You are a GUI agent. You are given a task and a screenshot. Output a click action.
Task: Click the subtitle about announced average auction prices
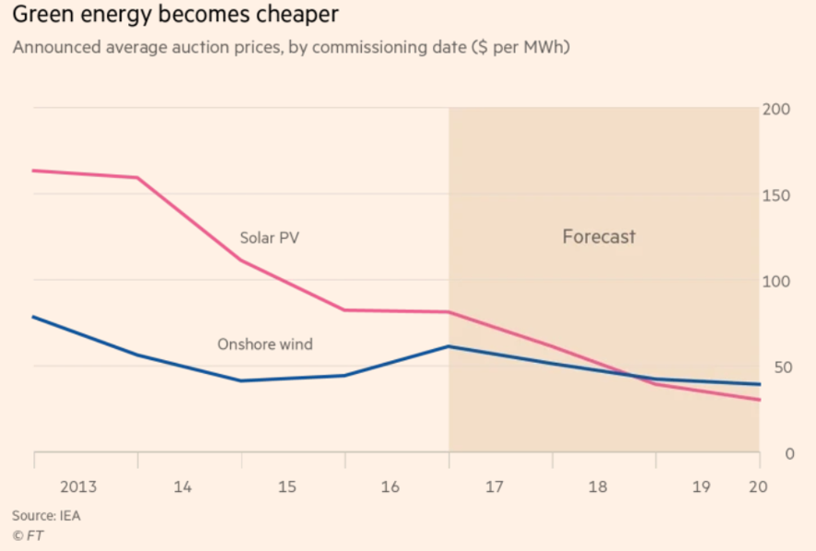[x=290, y=48]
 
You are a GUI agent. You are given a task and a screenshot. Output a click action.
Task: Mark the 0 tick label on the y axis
[x=787, y=453]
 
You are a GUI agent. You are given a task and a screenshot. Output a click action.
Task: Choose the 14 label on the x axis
[x=182, y=486]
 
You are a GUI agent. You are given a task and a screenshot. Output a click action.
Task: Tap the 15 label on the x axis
[x=286, y=486]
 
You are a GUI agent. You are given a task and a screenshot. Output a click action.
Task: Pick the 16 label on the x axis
[x=391, y=486]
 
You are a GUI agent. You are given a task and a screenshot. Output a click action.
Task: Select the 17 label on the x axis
[x=495, y=486]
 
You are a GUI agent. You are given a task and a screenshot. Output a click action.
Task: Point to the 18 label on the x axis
[x=599, y=486]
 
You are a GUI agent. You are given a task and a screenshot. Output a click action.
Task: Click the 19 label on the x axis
[x=702, y=486]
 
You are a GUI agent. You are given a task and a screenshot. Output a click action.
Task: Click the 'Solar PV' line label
[x=269, y=238]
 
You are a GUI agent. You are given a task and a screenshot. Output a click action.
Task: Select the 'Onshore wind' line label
[x=264, y=345]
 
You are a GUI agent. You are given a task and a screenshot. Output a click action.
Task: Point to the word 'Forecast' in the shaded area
[x=599, y=237]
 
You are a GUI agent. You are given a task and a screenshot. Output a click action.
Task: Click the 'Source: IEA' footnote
[x=46, y=516]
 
